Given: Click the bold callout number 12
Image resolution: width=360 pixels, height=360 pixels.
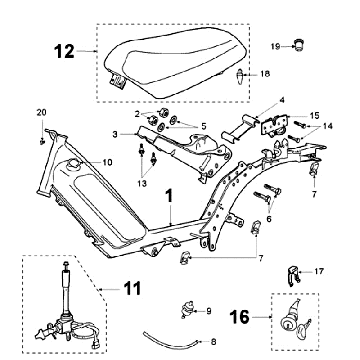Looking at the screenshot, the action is pos(64,52).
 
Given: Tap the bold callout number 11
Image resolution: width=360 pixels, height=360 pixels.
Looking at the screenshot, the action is pos(132,289).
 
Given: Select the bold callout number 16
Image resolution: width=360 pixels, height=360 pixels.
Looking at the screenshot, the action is pos(240,317).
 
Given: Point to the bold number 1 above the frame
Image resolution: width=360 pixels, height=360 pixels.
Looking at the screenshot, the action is pos(170,197).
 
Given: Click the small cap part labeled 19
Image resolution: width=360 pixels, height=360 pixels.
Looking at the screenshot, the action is pos(297,44).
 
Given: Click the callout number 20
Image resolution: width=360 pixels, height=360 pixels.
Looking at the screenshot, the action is pos(41,113).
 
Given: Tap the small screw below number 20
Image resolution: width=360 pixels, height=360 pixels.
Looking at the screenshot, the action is pos(42,142).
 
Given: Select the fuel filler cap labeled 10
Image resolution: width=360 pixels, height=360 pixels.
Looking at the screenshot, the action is pos(73,164).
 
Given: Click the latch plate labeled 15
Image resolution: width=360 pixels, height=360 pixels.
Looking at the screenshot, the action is pos(274,126).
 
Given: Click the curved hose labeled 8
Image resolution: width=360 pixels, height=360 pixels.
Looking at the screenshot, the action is pos(171,341).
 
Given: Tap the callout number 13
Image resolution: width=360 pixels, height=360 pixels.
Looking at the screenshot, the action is pos(144,183).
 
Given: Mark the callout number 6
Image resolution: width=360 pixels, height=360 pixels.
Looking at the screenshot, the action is pos(269,219).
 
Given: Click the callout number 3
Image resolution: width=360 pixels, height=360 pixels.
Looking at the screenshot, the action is pos(115,135).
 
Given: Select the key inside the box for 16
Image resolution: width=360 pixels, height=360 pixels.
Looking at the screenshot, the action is pos(304,328).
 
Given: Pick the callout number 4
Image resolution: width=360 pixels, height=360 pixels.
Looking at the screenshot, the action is pos(282,100).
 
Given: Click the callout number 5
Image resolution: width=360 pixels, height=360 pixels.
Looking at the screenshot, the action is pos(204,127).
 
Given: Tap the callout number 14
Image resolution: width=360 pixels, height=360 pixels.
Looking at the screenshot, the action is pos(328,126).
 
